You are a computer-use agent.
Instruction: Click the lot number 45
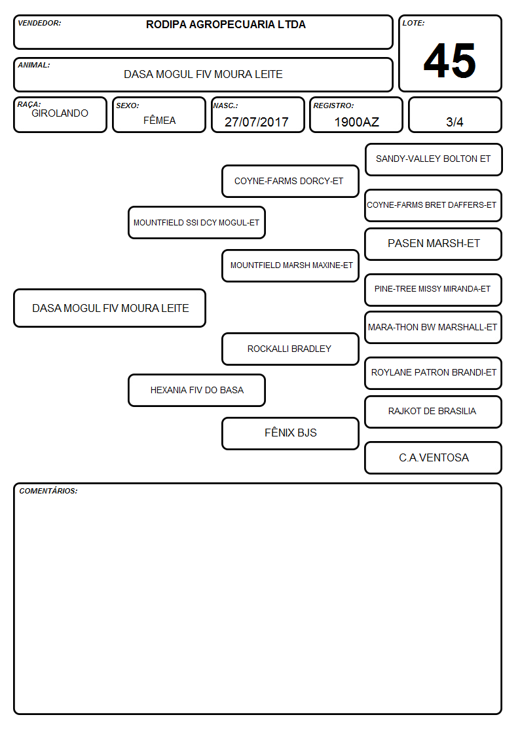pyautogui.click(x=450, y=60)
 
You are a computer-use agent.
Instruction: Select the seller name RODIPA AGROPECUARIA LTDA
pyautogui.click(x=225, y=24)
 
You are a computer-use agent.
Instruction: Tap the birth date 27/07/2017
pyautogui.click(x=257, y=122)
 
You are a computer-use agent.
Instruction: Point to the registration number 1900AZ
pyautogui.click(x=356, y=122)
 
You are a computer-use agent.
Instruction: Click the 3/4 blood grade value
pyautogui.click(x=455, y=122)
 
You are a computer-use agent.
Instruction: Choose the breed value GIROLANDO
pyautogui.click(x=60, y=113)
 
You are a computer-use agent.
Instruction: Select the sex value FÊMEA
pyautogui.click(x=159, y=120)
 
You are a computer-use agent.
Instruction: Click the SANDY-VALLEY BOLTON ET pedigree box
pyautogui.click(x=434, y=160)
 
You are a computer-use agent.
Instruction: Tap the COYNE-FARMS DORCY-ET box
pyautogui.click(x=290, y=181)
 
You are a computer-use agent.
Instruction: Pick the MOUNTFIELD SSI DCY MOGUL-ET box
pyautogui.click(x=196, y=222)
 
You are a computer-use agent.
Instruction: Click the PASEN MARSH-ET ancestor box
pyautogui.click(x=434, y=244)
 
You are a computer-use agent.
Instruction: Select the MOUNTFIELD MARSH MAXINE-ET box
pyautogui.click(x=290, y=265)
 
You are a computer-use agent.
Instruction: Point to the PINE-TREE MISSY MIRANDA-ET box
pyautogui.click(x=434, y=290)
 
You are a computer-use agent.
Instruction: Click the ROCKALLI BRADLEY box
pyautogui.click(x=290, y=349)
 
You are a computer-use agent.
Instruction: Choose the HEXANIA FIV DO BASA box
pyautogui.click(x=196, y=390)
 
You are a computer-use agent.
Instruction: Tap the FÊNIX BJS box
pyautogui.click(x=290, y=433)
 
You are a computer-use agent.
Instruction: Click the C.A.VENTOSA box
pyautogui.click(x=434, y=457)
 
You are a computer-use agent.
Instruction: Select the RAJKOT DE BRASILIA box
pyautogui.click(x=434, y=412)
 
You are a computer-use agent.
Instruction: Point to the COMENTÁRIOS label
pyautogui.click(x=48, y=491)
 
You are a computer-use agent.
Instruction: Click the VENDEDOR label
pyautogui.click(x=39, y=23)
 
